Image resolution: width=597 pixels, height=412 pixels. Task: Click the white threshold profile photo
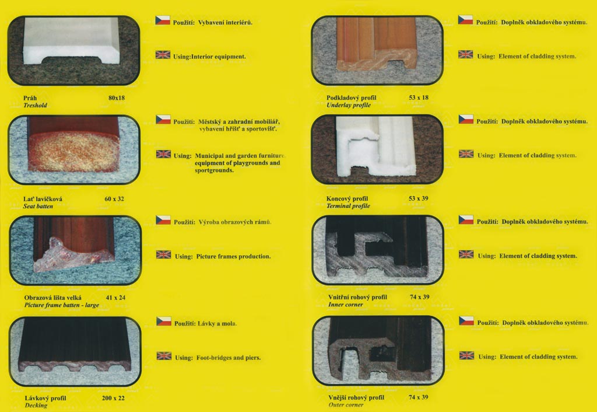(x=73, y=50)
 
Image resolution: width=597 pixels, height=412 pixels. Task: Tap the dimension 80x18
(x=117, y=98)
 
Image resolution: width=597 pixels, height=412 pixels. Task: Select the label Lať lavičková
(x=43, y=198)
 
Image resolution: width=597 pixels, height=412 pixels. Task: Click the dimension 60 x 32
(x=114, y=198)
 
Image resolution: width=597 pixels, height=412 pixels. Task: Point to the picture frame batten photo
(x=75, y=250)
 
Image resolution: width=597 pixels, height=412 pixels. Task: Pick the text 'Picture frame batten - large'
(x=62, y=305)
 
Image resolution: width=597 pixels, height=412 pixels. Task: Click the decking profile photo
(x=75, y=351)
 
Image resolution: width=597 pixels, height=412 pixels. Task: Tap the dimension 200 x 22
(x=113, y=398)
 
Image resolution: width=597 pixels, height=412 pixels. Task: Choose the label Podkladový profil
(x=351, y=98)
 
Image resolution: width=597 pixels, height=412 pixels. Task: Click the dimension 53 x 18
(x=419, y=97)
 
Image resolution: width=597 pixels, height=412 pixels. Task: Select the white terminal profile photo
(x=377, y=149)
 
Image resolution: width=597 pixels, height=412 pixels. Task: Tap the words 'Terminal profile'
(x=348, y=206)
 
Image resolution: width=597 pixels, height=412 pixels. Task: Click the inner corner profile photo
(x=378, y=250)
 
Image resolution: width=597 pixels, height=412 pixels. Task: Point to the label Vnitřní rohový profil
(x=357, y=297)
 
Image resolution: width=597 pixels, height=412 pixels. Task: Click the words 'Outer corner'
(x=346, y=405)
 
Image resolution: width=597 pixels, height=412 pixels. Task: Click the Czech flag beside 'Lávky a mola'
(x=164, y=322)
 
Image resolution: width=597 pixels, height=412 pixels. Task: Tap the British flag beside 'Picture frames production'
(x=163, y=254)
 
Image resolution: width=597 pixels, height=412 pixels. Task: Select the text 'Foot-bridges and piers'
(x=229, y=358)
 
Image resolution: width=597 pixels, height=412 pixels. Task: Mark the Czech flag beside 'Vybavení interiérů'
(x=163, y=20)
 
